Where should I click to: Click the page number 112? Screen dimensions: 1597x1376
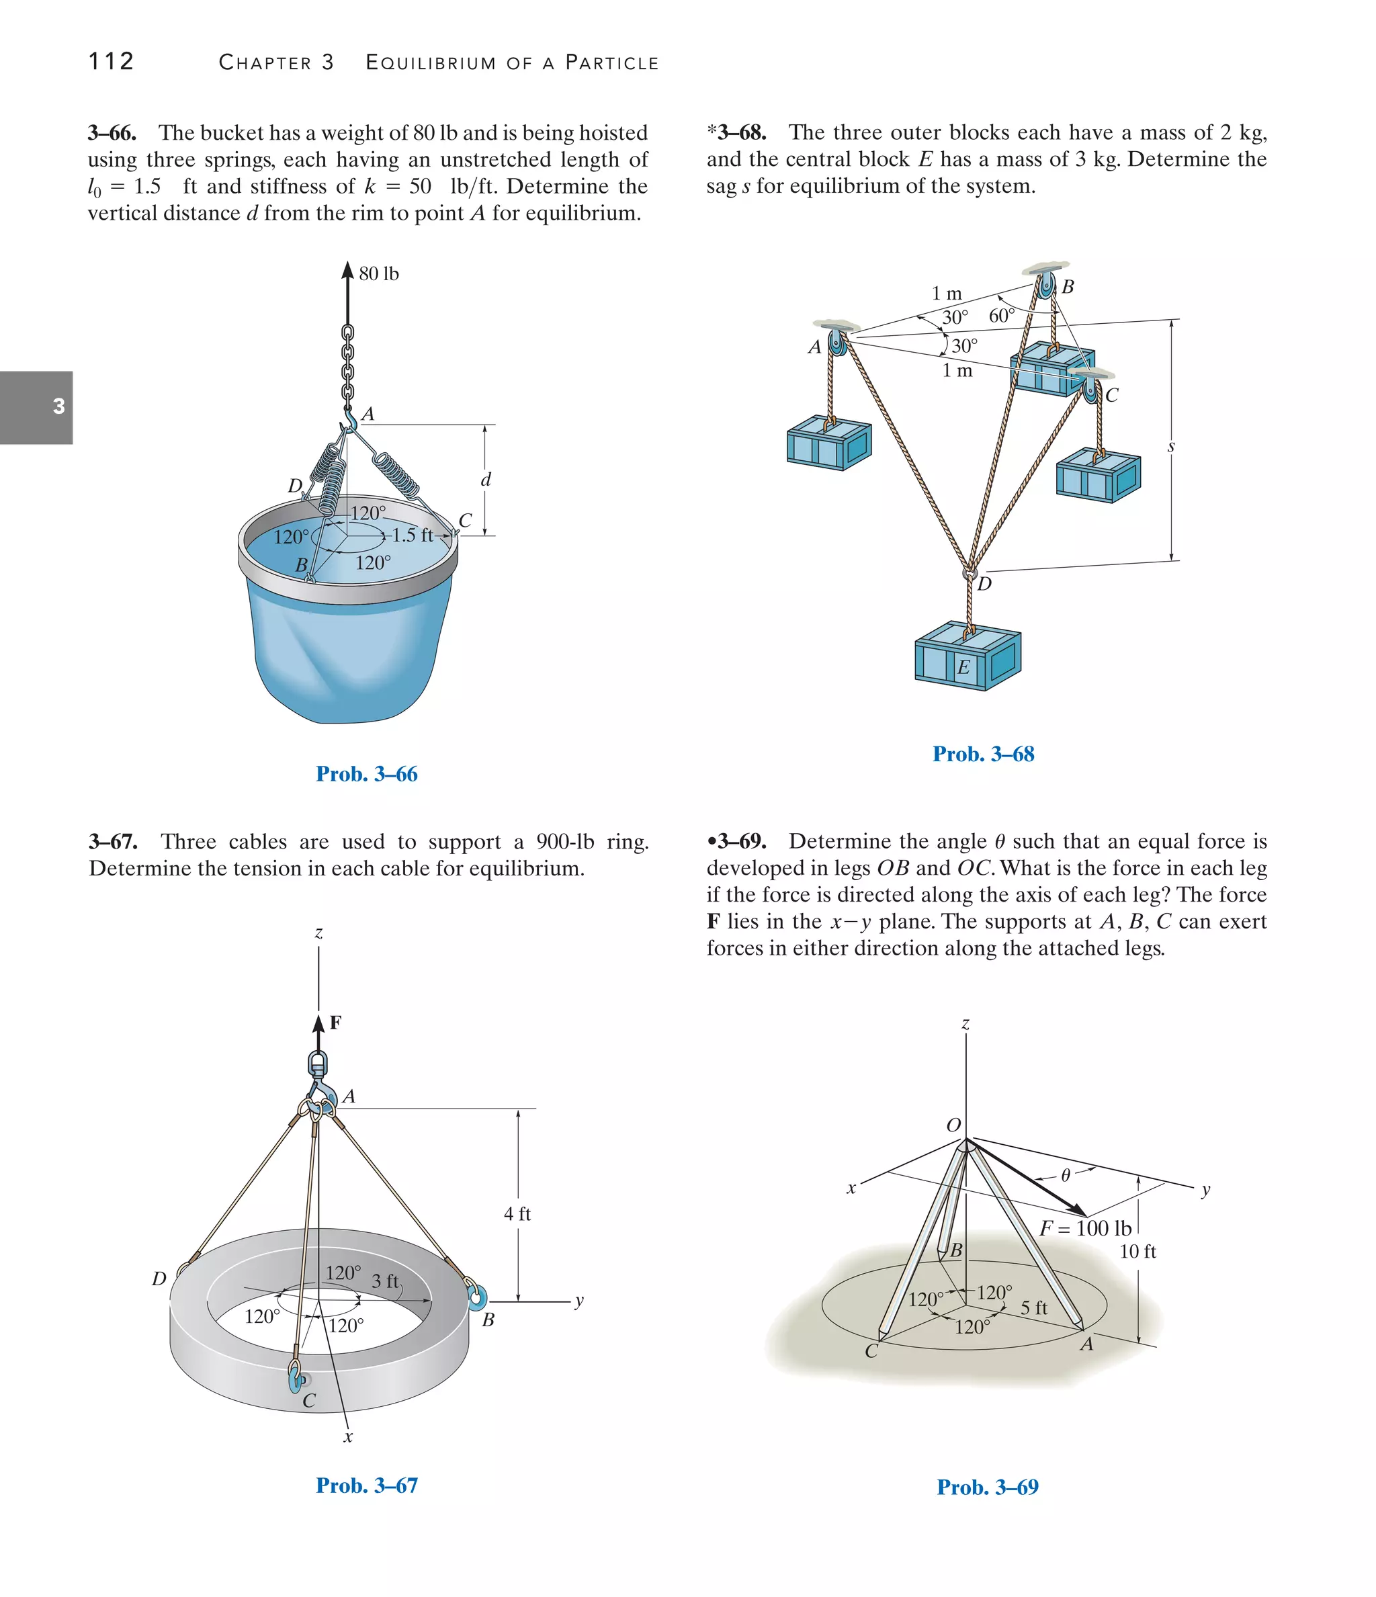click(x=111, y=61)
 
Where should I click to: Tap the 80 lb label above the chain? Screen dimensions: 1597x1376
click(x=378, y=273)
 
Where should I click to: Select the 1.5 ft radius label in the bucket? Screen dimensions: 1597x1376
click(x=413, y=534)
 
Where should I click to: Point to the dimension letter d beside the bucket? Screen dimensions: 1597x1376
click(x=486, y=480)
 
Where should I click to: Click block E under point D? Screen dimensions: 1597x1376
click(x=967, y=660)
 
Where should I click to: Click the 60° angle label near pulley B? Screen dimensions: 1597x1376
click(x=1000, y=315)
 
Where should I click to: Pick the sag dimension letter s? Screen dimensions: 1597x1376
click(x=1171, y=446)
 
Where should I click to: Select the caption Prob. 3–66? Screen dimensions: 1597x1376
click(x=366, y=774)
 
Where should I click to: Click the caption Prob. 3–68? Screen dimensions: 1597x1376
click(x=983, y=754)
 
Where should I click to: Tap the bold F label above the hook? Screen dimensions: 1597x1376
click(x=335, y=1023)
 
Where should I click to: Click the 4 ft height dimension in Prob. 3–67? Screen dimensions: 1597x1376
click(x=517, y=1214)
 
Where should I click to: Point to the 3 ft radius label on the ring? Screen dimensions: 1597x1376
click(x=385, y=1281)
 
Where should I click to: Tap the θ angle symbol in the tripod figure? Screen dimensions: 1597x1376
click(x=1066, y=1175)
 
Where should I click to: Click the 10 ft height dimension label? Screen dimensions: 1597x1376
click(x=1137, y=1252)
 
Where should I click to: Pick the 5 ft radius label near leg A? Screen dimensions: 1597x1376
click(x=1034, y=1308)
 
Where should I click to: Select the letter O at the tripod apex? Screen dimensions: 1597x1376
click(x=953, y=1125)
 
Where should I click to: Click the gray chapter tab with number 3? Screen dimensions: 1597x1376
click(x=36, y=407)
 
